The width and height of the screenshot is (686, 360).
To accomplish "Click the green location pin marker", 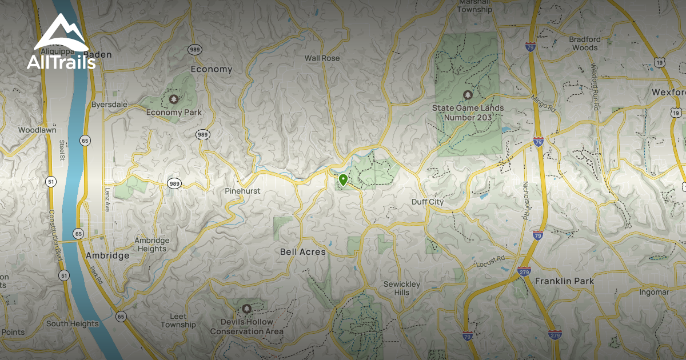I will pos(343,181).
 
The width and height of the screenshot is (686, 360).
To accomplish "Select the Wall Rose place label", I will pos(322,58).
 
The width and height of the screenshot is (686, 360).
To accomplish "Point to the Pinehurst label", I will pos(242,191).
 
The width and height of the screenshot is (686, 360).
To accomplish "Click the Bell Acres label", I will pos(302,252).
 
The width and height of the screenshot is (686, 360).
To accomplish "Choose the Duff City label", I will pos(428,202).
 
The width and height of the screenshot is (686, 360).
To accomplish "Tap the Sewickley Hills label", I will pos(401,289).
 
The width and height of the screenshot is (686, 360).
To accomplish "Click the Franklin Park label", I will pos(564,281).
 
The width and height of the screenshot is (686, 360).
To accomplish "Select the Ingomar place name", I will pos(655,293).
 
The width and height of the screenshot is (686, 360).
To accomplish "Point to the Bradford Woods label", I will pos(584,43).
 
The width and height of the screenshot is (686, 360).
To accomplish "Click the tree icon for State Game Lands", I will pos(468,94).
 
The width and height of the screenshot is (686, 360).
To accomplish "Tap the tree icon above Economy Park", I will pos(174,99).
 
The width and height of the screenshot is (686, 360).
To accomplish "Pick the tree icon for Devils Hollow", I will pos(247,309).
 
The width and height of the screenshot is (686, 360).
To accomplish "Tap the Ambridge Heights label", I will pos(151,245).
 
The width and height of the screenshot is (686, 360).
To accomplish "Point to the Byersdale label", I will pos(110,105).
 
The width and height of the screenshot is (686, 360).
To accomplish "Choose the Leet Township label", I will pos(178,321).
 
